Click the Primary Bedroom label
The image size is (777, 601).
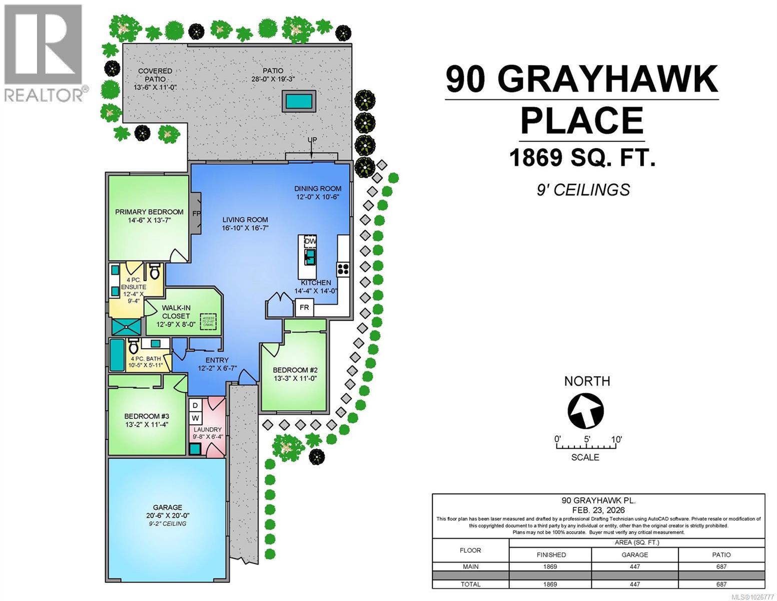(149, 212)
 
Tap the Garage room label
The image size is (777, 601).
(168, 507)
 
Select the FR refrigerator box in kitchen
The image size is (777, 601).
(304, 307)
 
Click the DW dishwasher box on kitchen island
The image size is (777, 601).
(310, 241)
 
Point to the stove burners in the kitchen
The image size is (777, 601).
(343, 269)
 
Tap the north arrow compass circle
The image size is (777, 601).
(585, 411)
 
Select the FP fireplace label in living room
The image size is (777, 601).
(196, 213)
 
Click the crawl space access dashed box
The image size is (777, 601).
(208, 322)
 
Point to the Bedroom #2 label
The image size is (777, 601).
(295, 370)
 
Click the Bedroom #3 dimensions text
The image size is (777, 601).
(147, 425)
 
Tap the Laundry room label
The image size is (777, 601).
(208, 429)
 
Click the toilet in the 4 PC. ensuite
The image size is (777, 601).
(155, 272)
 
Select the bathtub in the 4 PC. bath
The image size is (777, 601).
(116, 355)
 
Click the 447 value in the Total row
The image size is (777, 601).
(634, 584)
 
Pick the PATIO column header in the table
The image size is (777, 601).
(721, 554)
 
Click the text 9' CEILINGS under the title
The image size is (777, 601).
(583, 190)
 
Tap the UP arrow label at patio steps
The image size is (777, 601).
(312, 140)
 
